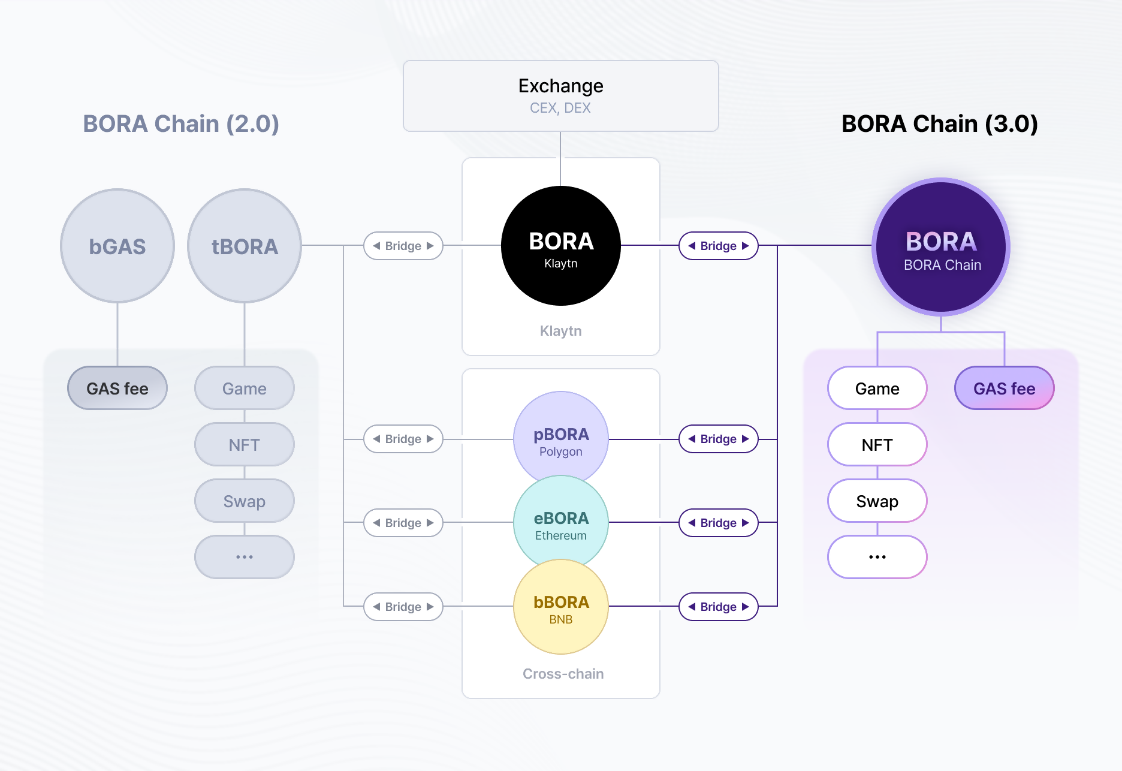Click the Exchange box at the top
(560, 96)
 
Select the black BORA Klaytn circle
(560, 246)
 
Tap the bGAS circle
(117, 246)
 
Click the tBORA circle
(245, 246)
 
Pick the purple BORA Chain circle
(941, 247)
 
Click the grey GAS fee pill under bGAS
(117, 388)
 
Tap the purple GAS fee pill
(1004, 388)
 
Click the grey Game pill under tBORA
(245, 388)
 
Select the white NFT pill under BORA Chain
(877, 445)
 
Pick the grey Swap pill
(245, 501)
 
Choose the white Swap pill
(877, 501)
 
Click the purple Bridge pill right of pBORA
(718, 439)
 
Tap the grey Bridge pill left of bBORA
(403, 607)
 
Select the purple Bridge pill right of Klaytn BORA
(718, 246)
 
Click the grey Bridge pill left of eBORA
(403, 523)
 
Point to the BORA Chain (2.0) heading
(181, 124)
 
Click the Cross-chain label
(563, 674)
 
